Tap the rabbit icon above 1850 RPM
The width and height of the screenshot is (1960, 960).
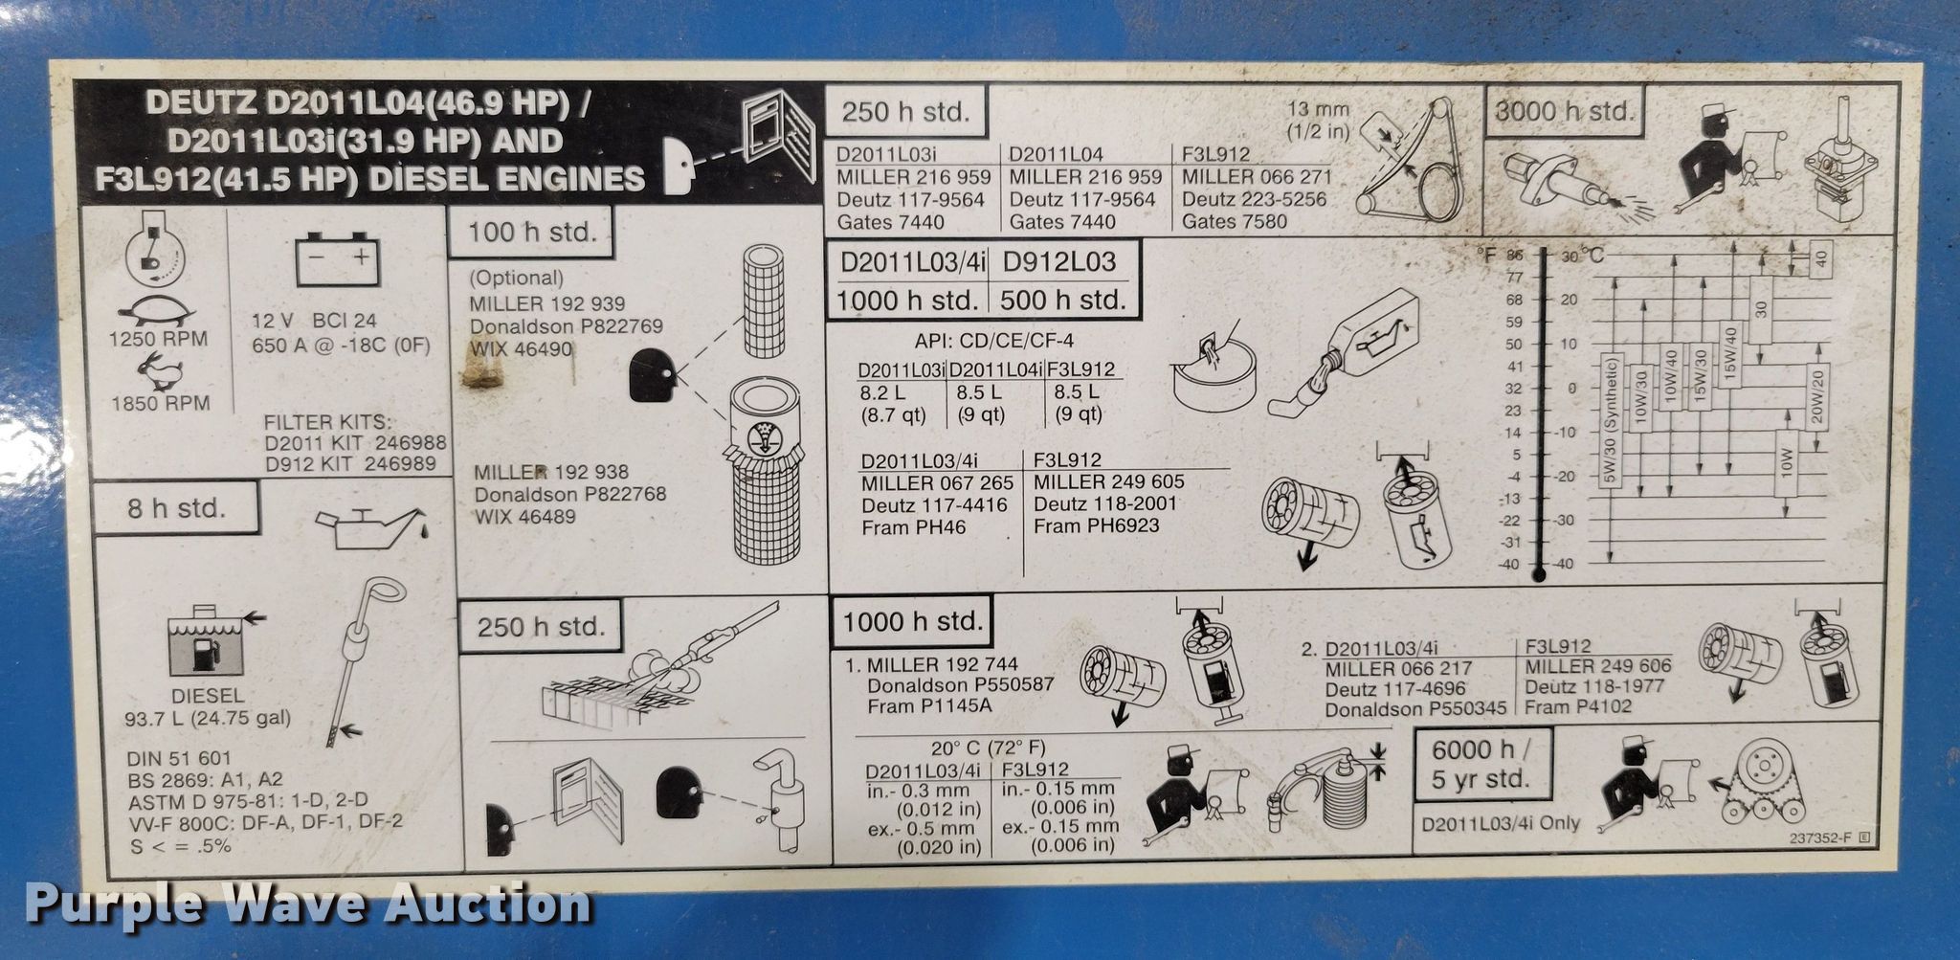160,372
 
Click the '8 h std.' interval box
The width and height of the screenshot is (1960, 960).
176,507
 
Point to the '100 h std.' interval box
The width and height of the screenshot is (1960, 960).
531,232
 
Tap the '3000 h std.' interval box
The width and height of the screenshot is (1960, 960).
1564,111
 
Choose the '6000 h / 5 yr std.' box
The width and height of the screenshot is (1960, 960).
1482,764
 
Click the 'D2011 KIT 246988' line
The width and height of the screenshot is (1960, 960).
356,443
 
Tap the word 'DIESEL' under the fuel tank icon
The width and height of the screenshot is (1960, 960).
208,696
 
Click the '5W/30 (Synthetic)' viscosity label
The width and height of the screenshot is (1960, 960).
1609,421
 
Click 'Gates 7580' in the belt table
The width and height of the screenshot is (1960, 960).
1235,222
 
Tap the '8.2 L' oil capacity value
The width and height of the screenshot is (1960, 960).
882,392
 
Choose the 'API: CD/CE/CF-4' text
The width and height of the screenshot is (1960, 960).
993,341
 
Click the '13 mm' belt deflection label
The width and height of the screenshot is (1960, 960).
1318,110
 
